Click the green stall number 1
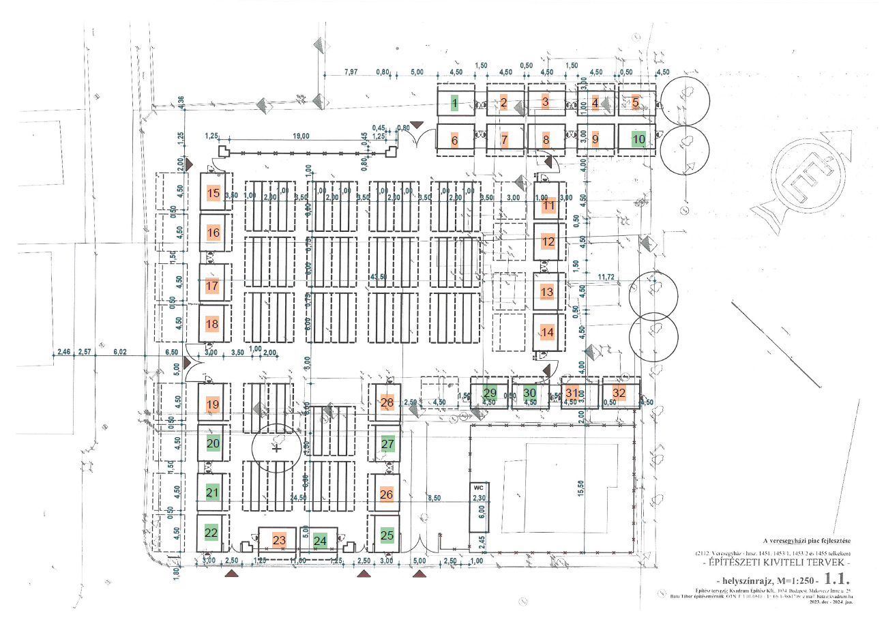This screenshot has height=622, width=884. (x=454, y=104)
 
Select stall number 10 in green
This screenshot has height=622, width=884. (x=639, y=139)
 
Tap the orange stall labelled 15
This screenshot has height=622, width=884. (x=213, y=194)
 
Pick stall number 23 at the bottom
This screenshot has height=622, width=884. (x=278, y=540)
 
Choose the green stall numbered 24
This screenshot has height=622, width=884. (x=321, y=540)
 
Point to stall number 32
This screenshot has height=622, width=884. (x=619, y=393)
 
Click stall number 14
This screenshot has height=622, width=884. (x=548, y=332)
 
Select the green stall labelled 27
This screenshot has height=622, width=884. (x=388, y=445)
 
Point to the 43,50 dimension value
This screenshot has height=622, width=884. (x=378, y=277)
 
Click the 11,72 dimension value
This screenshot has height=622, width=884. (x=607, y=277)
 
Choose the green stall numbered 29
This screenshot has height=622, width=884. (x=490, y=393)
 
